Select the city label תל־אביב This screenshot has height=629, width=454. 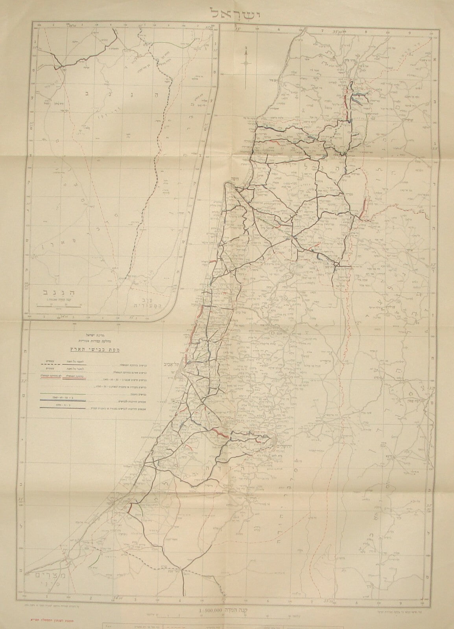point(170,364)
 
